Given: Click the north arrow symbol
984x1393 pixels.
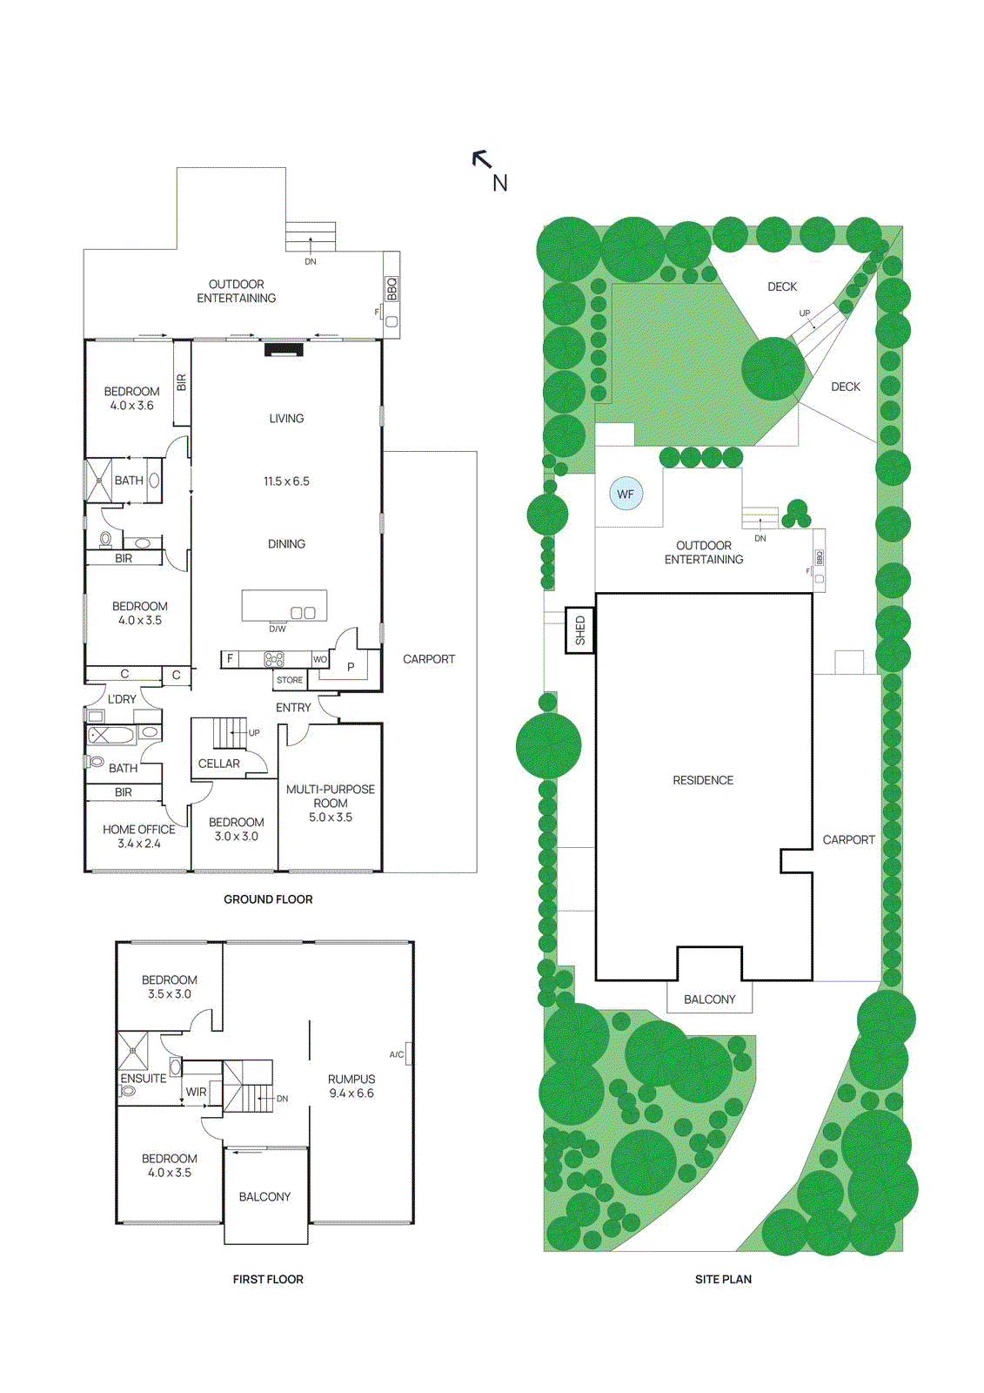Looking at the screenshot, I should [482, 159].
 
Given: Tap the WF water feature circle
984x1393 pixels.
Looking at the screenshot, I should [626, 494].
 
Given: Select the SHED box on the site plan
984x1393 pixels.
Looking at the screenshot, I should [580, 630].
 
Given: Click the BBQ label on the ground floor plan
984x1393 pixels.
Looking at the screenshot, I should [392, 289].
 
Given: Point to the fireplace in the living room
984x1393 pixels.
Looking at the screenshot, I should [283, 349].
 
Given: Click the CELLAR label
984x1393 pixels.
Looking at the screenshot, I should [218, 764].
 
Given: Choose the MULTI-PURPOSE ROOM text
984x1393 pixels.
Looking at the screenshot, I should [331, 796].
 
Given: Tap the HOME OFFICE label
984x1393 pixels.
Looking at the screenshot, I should [139, 830].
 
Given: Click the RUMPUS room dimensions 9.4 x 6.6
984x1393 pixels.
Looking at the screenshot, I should [351, 1094].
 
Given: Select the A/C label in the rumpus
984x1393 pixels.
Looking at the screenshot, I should [396, 1054].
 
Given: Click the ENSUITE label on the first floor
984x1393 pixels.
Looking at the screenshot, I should [144, 1078].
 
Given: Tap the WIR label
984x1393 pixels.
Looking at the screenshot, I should [196, 1092].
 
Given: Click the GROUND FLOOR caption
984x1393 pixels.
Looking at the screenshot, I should [268, 899].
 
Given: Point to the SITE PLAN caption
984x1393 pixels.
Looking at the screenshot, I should [723, 1279].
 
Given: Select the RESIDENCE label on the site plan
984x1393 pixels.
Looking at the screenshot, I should [703, 780].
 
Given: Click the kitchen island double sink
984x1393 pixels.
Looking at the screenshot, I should [303, 613].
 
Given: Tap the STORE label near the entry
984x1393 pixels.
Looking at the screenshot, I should [290, 680].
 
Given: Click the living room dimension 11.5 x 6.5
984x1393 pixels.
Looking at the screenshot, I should [286, 481].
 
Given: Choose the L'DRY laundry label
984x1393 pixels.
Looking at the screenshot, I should [122, 699].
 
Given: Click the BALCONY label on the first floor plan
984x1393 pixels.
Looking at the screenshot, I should [264, 1197].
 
